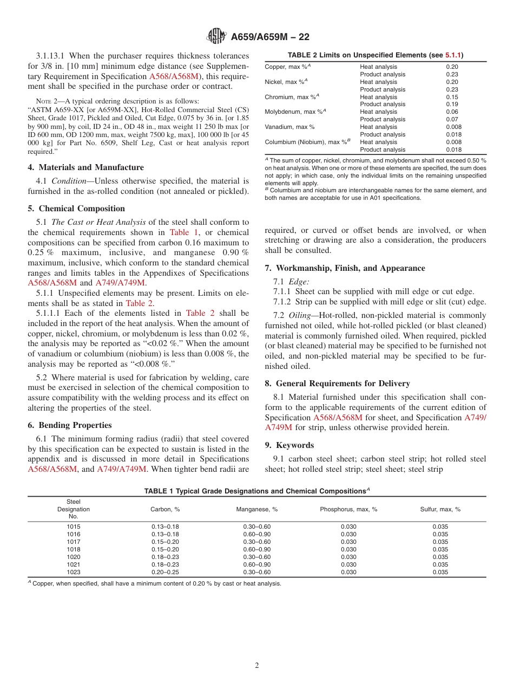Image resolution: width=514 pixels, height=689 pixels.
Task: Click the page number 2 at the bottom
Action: [x=257, y=666]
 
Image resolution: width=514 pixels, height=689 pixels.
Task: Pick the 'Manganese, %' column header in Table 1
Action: [x=256, y=509]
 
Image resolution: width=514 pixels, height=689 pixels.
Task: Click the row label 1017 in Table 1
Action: [x=74, y=542]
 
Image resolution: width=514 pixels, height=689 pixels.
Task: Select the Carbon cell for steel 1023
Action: [x=165, y=572]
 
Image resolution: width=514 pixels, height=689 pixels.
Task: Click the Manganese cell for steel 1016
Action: [x=256, y=534]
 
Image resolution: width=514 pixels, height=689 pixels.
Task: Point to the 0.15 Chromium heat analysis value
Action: [x=452, y=97]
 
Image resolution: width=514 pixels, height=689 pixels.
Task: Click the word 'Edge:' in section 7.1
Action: [x=299, y=282]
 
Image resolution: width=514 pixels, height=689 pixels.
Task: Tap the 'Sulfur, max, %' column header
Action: [x=440, y=509]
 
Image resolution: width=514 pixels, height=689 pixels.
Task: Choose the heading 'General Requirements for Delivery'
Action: [x=337, y=383]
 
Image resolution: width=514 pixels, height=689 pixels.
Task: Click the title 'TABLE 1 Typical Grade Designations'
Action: [x=254, y=491]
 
